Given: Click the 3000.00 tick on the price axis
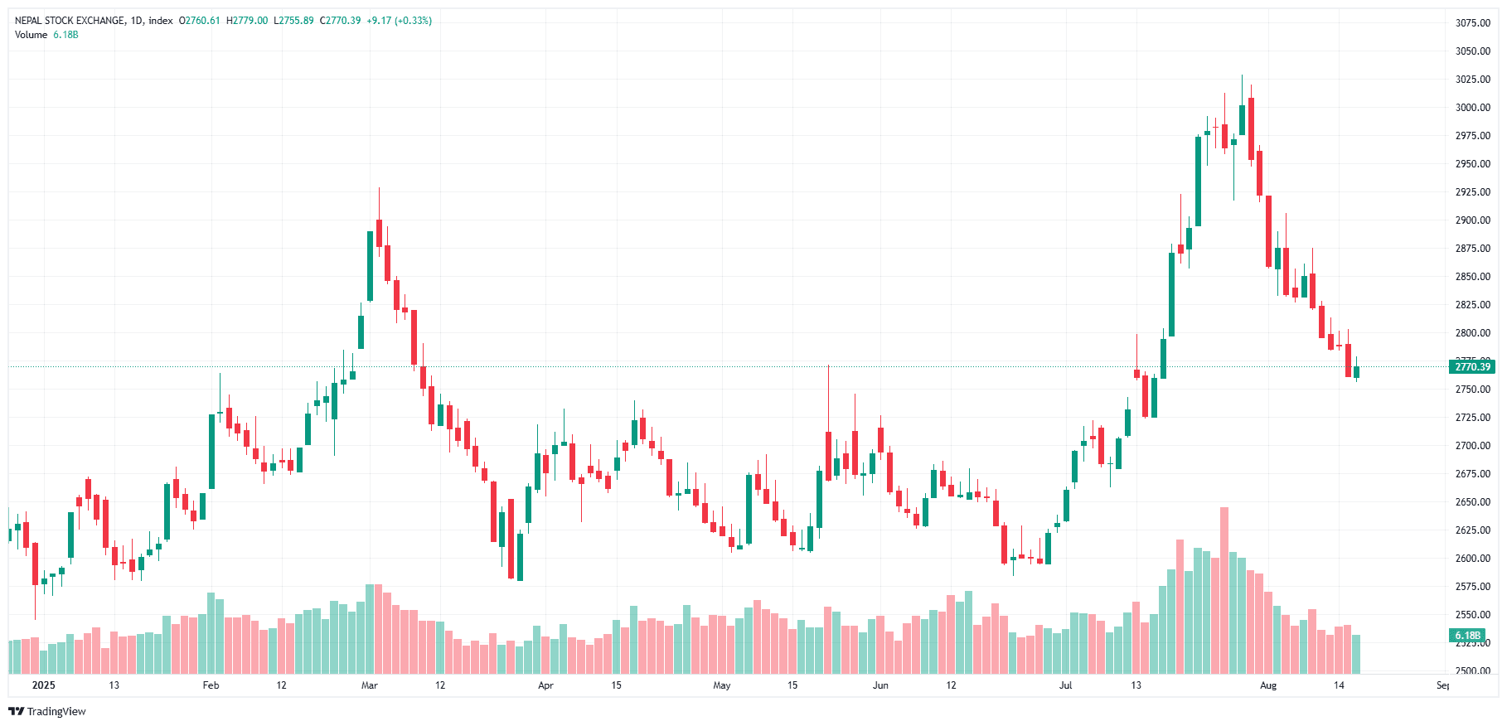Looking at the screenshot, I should pyautogui.click(x=1472, y=108).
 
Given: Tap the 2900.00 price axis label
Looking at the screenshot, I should pyautogui.click(x=1472, y=220).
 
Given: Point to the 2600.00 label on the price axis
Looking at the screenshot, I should pyautogui.click(x=1472, y=559).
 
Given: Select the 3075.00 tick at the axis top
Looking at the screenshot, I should pyautogui.click(x=1472, y=23).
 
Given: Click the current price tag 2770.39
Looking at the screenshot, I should pyautogui.click(x=1472, y=367).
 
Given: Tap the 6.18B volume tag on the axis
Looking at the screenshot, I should pyautogui.click(x=1467, y=636).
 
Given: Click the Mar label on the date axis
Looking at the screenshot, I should pyautogui.click(x=370, y=685).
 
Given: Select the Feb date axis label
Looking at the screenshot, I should pyautogui.click(x=211, y=685).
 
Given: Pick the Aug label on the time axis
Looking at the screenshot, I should pyautogui.click(x=1267, y=685).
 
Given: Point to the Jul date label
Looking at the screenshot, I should pyautogui.click(x=1065, y=685).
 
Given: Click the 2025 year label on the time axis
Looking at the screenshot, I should pyautogui.click(x=43, y=685).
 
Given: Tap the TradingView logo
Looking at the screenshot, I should pyautogui.click(x=47, y=711).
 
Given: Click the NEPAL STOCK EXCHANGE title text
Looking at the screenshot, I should pyautogui.click(x=70, y=21).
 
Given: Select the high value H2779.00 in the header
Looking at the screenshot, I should pyautogui.click(x=247, y=21).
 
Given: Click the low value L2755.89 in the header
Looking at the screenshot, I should pyautogui.click(x=293, y=21).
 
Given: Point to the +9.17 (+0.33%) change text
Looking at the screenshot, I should pyautogui.click(x=399, y=21).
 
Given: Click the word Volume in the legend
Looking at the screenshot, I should pyautogui.click(x=31, y=35).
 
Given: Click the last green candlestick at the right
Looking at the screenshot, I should pyautogui.click(x=1356, y=372).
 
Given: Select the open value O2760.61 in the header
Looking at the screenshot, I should pyautogui.click(x=200, y=21).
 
